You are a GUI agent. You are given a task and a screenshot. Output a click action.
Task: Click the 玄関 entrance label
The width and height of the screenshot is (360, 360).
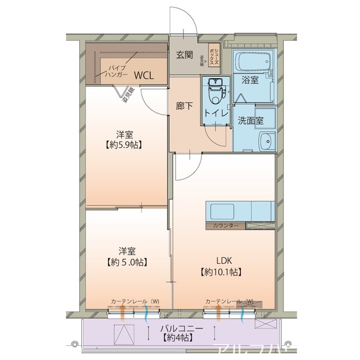(x=184, y=55)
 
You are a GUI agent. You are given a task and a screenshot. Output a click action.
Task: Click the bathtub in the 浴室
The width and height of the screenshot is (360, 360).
(x=251, y=62)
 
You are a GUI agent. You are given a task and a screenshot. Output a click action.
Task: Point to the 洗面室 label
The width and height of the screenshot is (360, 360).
(x=250, y=120)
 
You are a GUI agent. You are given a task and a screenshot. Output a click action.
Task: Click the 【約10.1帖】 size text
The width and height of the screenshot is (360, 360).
(x=222, y=272)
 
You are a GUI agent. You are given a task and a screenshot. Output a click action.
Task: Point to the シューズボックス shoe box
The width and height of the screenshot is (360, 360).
(x=214, y=56)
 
